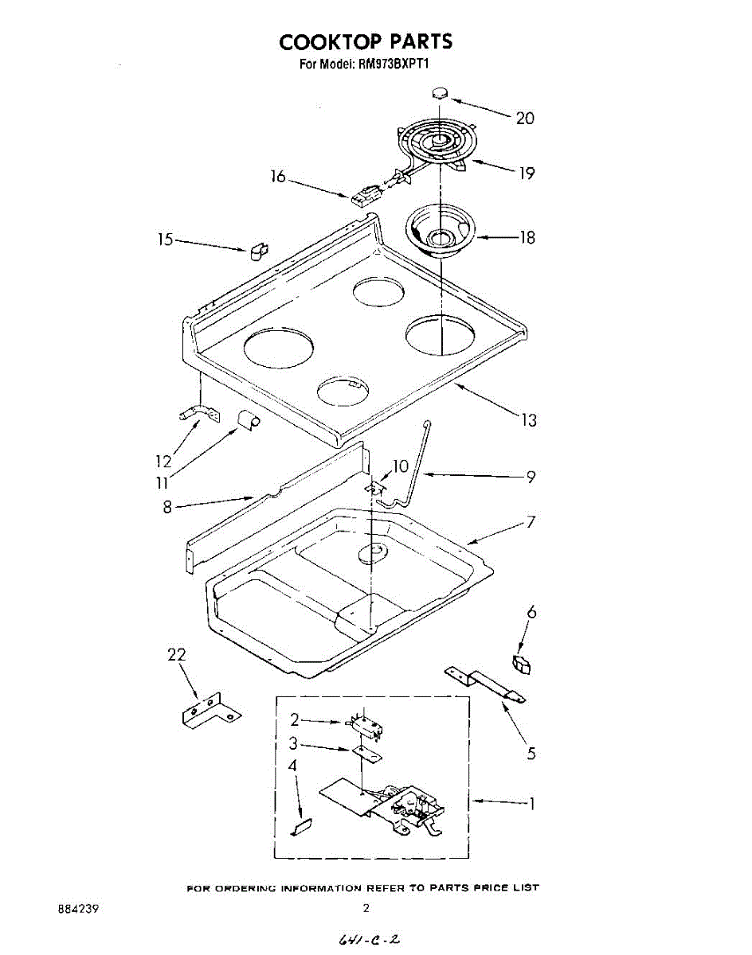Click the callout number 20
click(x=525, y=119)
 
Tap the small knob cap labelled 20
click(x=440, y=93)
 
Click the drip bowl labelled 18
click(x=440, y=232)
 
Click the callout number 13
click(x=529, y=420)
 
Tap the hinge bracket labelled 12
click(x=197, y=414)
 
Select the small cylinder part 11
click(x=248, y=419)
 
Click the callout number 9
click(x=530, y=477)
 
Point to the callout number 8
click(x=167, y=506)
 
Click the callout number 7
click(x=531, y=523)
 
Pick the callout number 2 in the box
click(x=295, y=719)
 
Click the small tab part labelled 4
click(x=302, y=827)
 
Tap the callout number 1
click(x=532, y=804)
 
